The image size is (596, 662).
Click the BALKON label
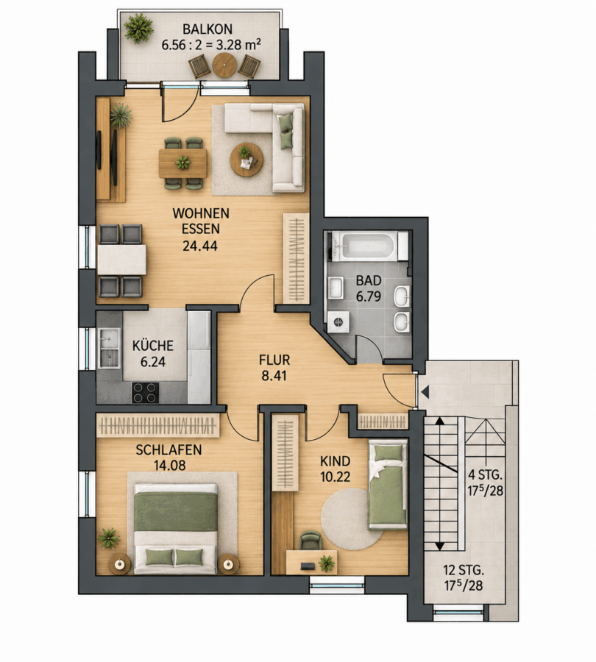(x=207, y=29)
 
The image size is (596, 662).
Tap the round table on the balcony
(x=226, y=65)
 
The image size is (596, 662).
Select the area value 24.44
(x=200, y=245)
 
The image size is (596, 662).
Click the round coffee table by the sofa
(x=246, y=159)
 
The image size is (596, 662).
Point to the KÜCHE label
(x=153, y=346)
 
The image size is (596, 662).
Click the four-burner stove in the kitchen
(x=145, y=393)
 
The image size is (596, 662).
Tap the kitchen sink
(x=109, y=348)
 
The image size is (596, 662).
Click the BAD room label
(x=369, y=280)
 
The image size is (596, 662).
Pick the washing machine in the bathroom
(x=338, y=322)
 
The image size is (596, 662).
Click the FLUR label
(x=274, y=360)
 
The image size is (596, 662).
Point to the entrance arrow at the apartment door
(x=425, y=392)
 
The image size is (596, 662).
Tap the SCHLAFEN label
(x=168, y=450)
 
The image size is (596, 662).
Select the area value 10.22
(x=336, y=477)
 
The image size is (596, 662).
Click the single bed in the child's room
(x=388, y=485)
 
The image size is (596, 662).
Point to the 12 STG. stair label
(x=463, y=570)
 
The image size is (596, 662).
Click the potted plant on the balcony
(x=138, y=27)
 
